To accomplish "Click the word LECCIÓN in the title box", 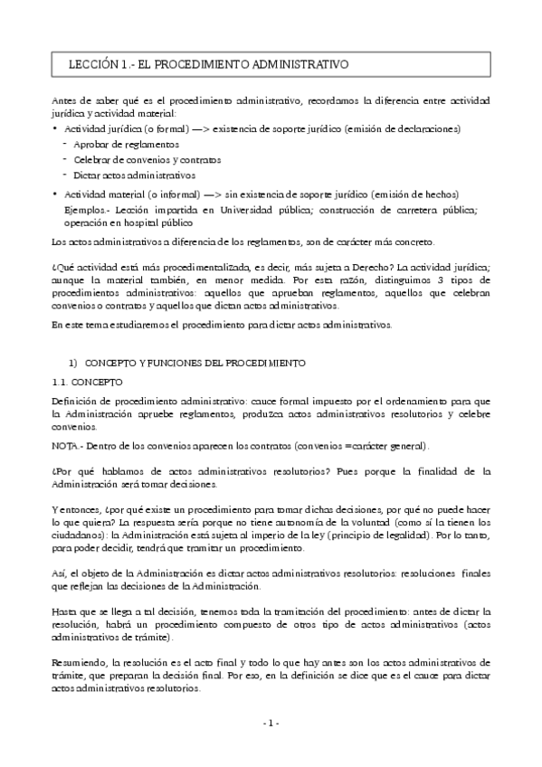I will [92, 65].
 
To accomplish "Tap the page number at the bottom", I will [271, 723].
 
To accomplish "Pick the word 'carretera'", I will [412, 209].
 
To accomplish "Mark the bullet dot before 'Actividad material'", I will [55, 194].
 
